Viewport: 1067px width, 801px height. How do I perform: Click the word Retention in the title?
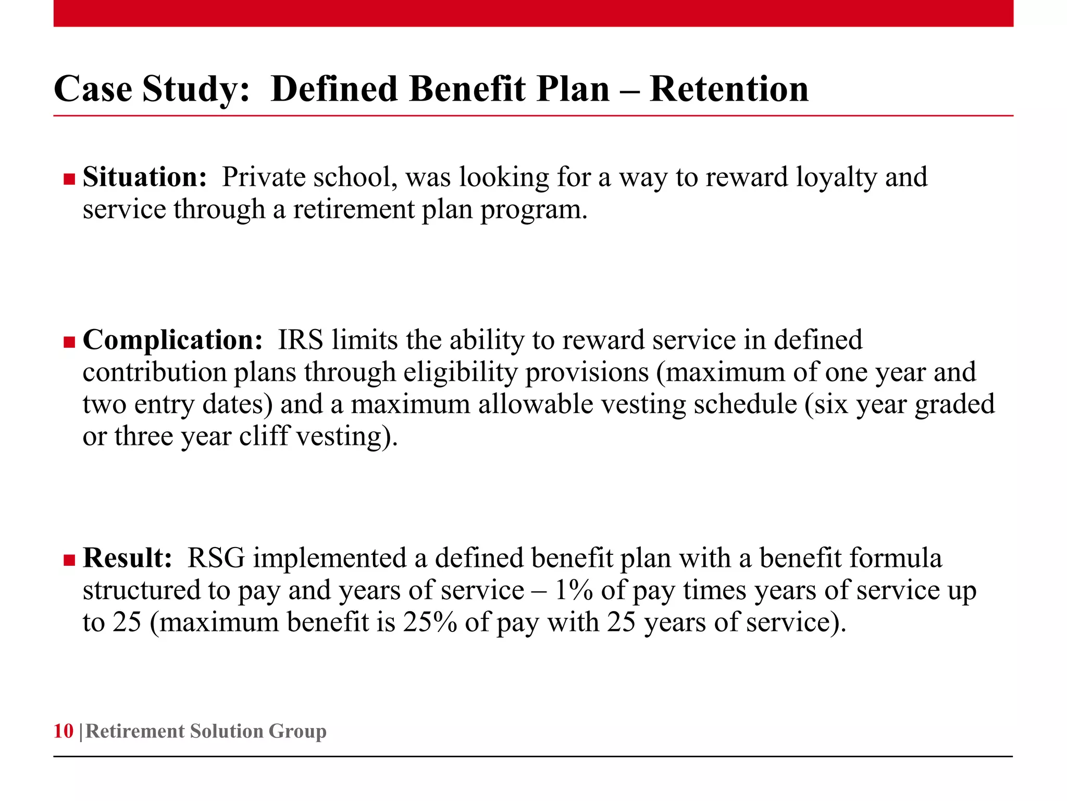coord(729,89)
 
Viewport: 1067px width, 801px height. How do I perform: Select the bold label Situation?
coord(145,177)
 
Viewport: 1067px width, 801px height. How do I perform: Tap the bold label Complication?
coord(172,340)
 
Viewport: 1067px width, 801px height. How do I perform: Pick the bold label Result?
coord(127,558)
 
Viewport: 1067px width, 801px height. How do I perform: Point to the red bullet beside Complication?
coord(69,343)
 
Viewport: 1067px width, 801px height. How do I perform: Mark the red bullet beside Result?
coord(69,561)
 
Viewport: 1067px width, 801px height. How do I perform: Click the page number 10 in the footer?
coord(63,731)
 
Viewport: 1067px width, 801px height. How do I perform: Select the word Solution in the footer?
coord(226,731)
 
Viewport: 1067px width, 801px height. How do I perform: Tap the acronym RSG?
coord(216,558)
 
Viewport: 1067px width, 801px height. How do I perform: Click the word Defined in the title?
coord(334,89)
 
